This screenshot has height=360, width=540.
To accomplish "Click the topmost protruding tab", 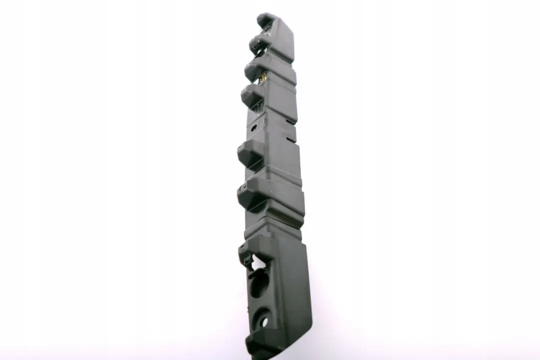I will pyautogui.click(x=265, y=20).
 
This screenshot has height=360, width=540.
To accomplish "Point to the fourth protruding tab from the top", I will pyautogui.click(x=251, y=95).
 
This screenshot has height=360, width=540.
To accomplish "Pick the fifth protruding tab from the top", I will pyautogui.click(x=249, y=152).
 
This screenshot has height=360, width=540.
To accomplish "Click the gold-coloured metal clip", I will pyautogui.click(x=263, y=76).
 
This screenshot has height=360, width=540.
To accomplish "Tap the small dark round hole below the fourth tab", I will pyautogui.click(x=254, y=128).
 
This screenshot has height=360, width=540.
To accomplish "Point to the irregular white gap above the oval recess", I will pyautogui.click(x=258, y=261).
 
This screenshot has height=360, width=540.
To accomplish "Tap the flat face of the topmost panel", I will pyautogui.click(x=282, y=37).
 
